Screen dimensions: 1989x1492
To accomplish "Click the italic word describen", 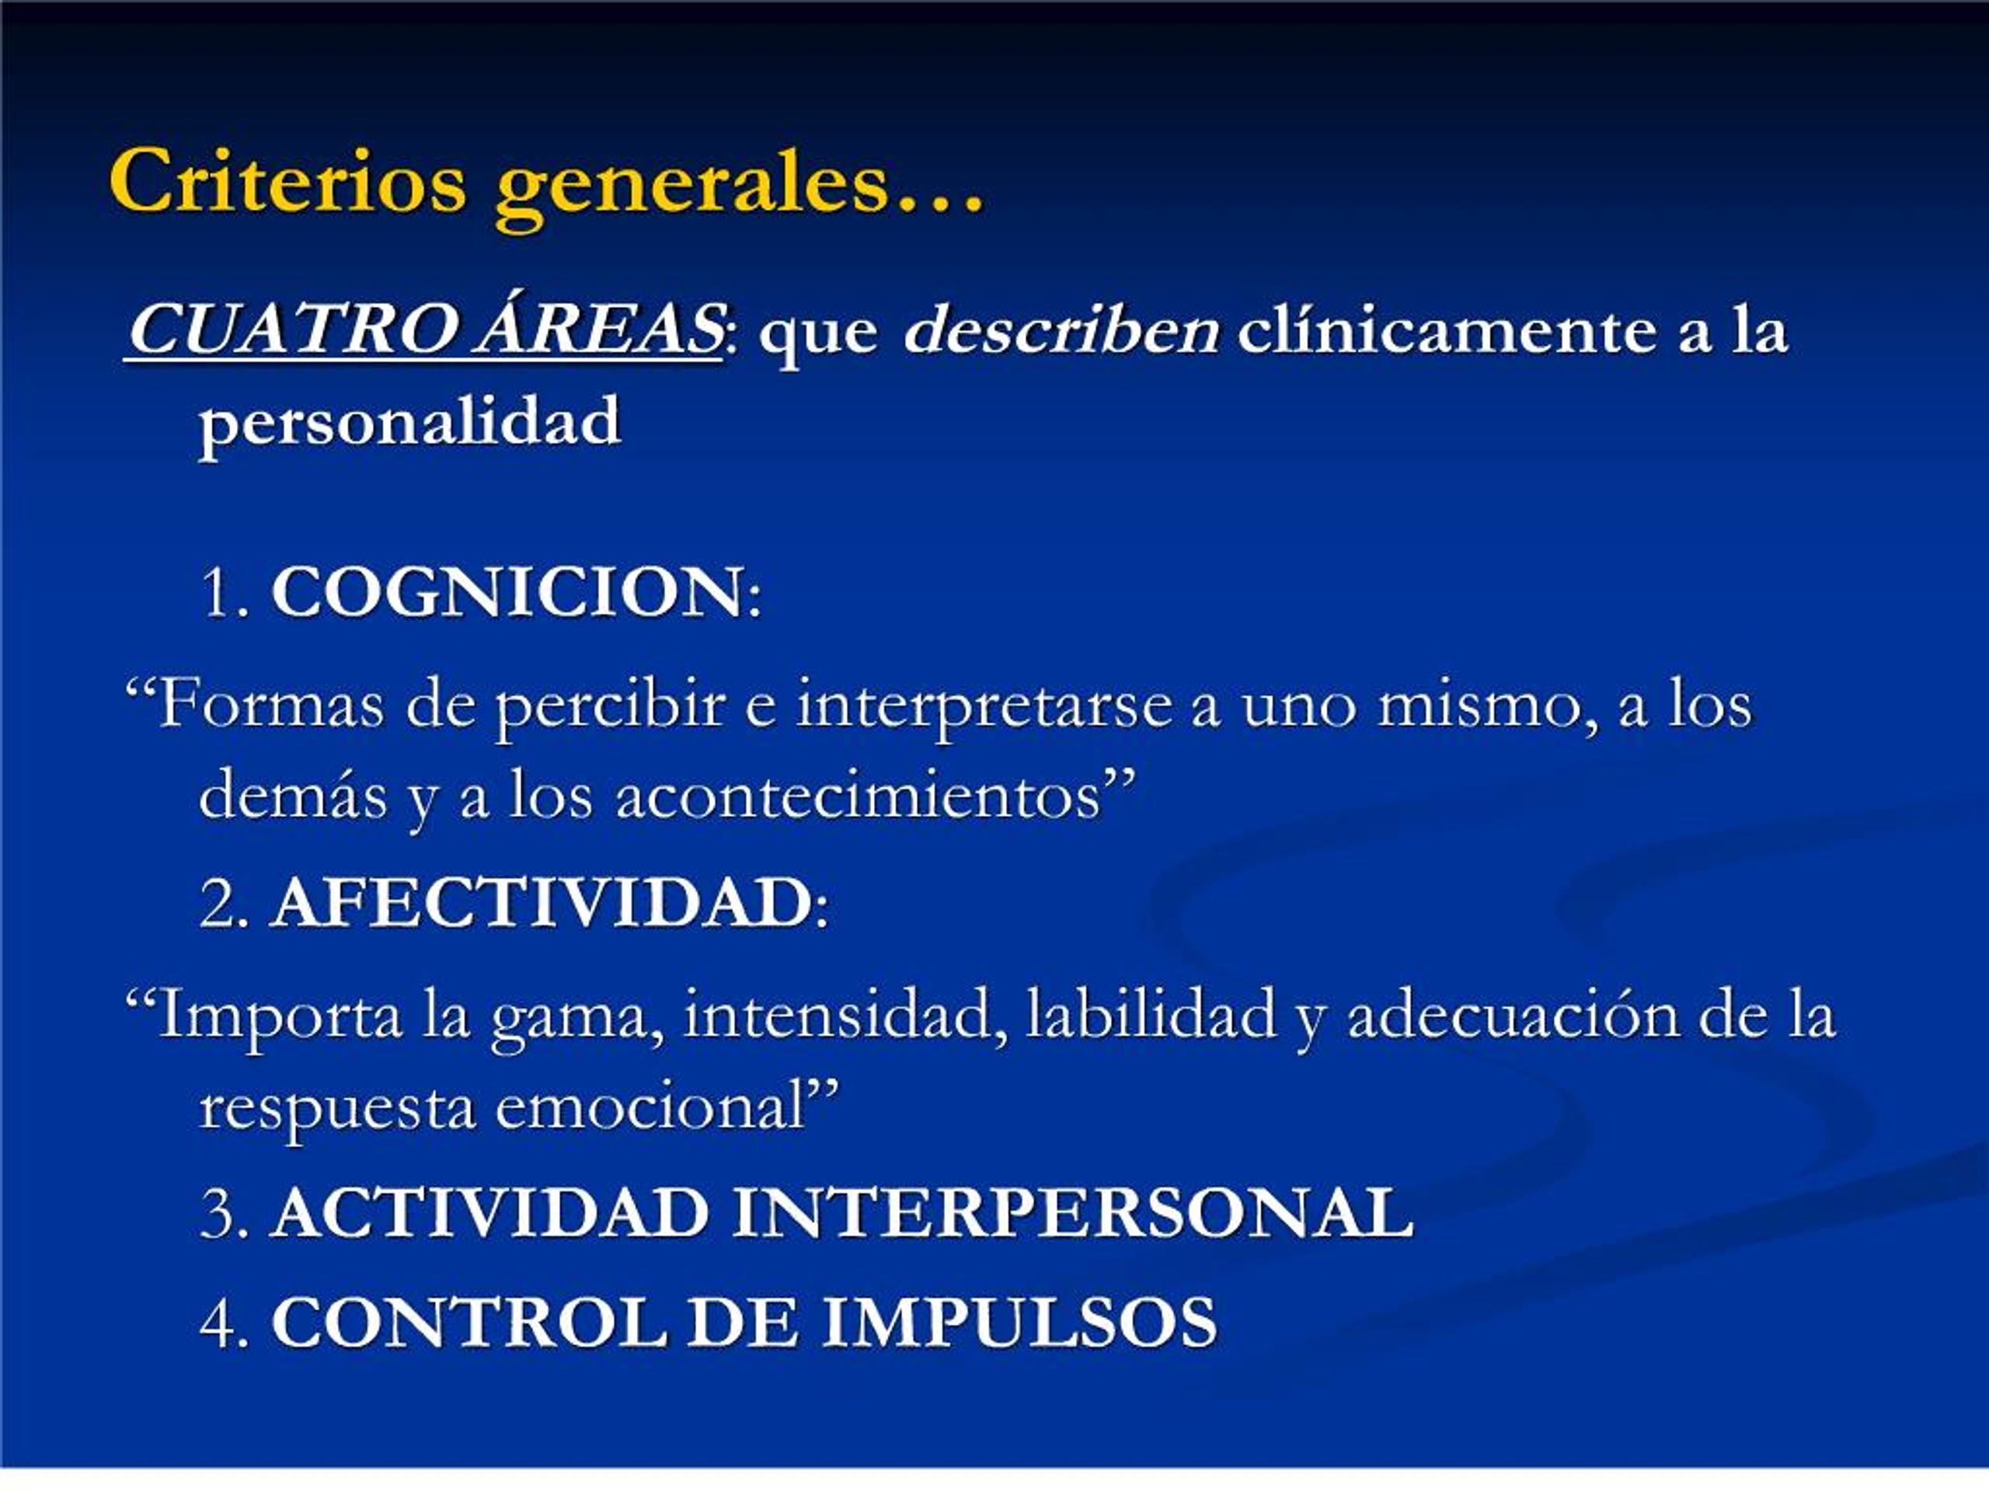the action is coord(1062,330).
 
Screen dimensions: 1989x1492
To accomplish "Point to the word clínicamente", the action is coord(1447,330).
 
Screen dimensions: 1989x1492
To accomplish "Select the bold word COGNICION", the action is coord(508,593).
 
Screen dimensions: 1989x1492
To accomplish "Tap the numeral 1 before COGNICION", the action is coord(218,594).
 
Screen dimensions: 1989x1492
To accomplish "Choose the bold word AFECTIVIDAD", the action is coord(542,903).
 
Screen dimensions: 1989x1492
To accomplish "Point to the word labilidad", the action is coord(1150,1013).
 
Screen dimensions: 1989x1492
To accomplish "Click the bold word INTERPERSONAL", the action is coord(1072,1213).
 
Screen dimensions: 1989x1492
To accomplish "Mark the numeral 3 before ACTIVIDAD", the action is coord(218,1213).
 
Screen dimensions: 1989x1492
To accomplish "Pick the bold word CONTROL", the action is coord(469,1323).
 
